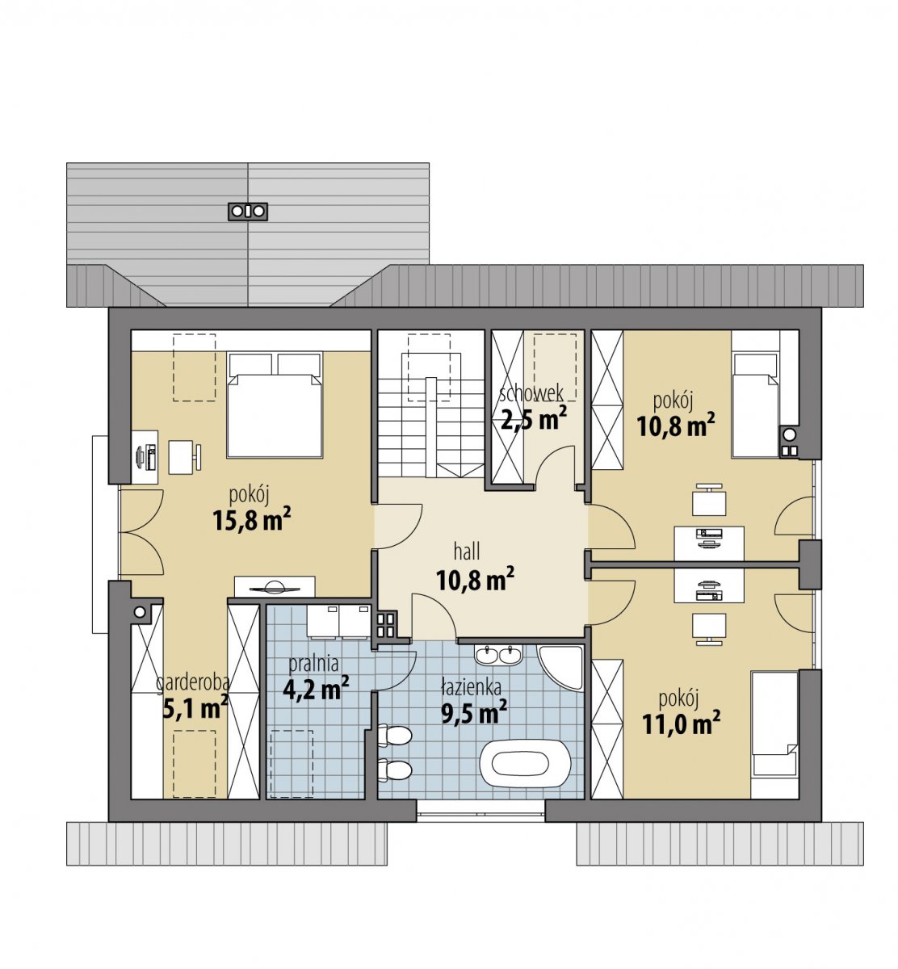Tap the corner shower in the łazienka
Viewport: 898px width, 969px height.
560,668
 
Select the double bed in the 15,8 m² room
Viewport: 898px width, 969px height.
275,404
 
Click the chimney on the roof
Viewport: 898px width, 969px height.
247,212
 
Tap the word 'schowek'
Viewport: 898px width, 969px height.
531,392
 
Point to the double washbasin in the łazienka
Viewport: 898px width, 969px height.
498,655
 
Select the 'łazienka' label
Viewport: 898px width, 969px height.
471,687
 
